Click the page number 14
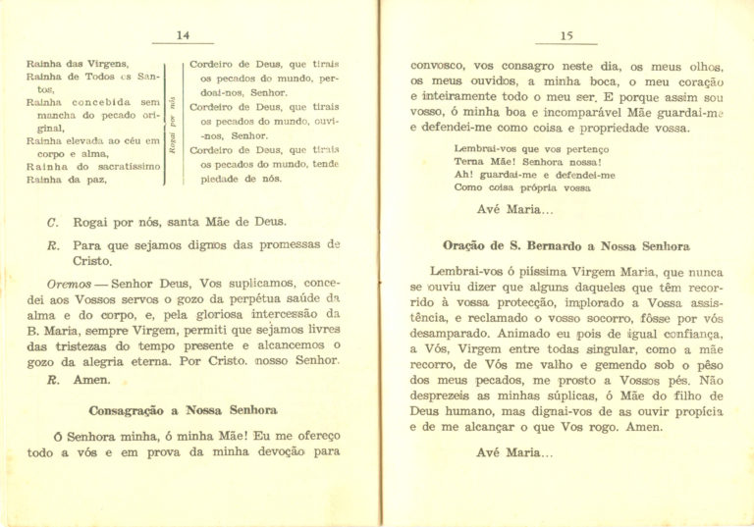point(183,35)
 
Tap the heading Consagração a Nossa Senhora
point(183,409)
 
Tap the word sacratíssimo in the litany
point(121,167)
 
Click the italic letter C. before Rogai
point(52,222)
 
